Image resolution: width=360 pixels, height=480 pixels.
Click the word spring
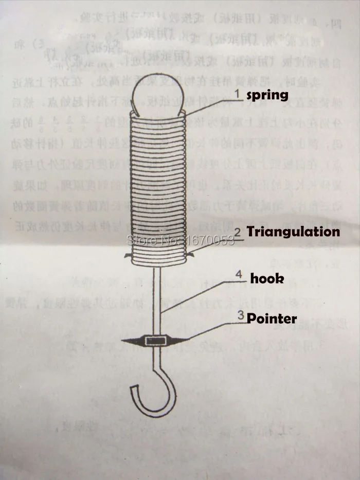pos(267,95)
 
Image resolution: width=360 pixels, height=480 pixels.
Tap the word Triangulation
pos(293,232)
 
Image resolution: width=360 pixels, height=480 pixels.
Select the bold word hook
pos(267,278)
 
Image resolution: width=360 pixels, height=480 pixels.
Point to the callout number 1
pos(238,94)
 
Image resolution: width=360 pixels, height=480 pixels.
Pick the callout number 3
pos(240,317)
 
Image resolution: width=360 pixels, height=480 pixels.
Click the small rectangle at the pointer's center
pos(155,340)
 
